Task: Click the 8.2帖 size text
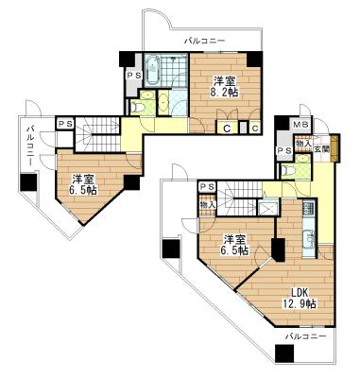click(225, 93)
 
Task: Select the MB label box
click(301, 125)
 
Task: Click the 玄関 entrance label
click(322, 148)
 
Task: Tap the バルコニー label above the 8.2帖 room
click(204, 42)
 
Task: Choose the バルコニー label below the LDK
click(305, 336)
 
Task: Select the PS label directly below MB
click(283, 150)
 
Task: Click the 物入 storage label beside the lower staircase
click(208, 204)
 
